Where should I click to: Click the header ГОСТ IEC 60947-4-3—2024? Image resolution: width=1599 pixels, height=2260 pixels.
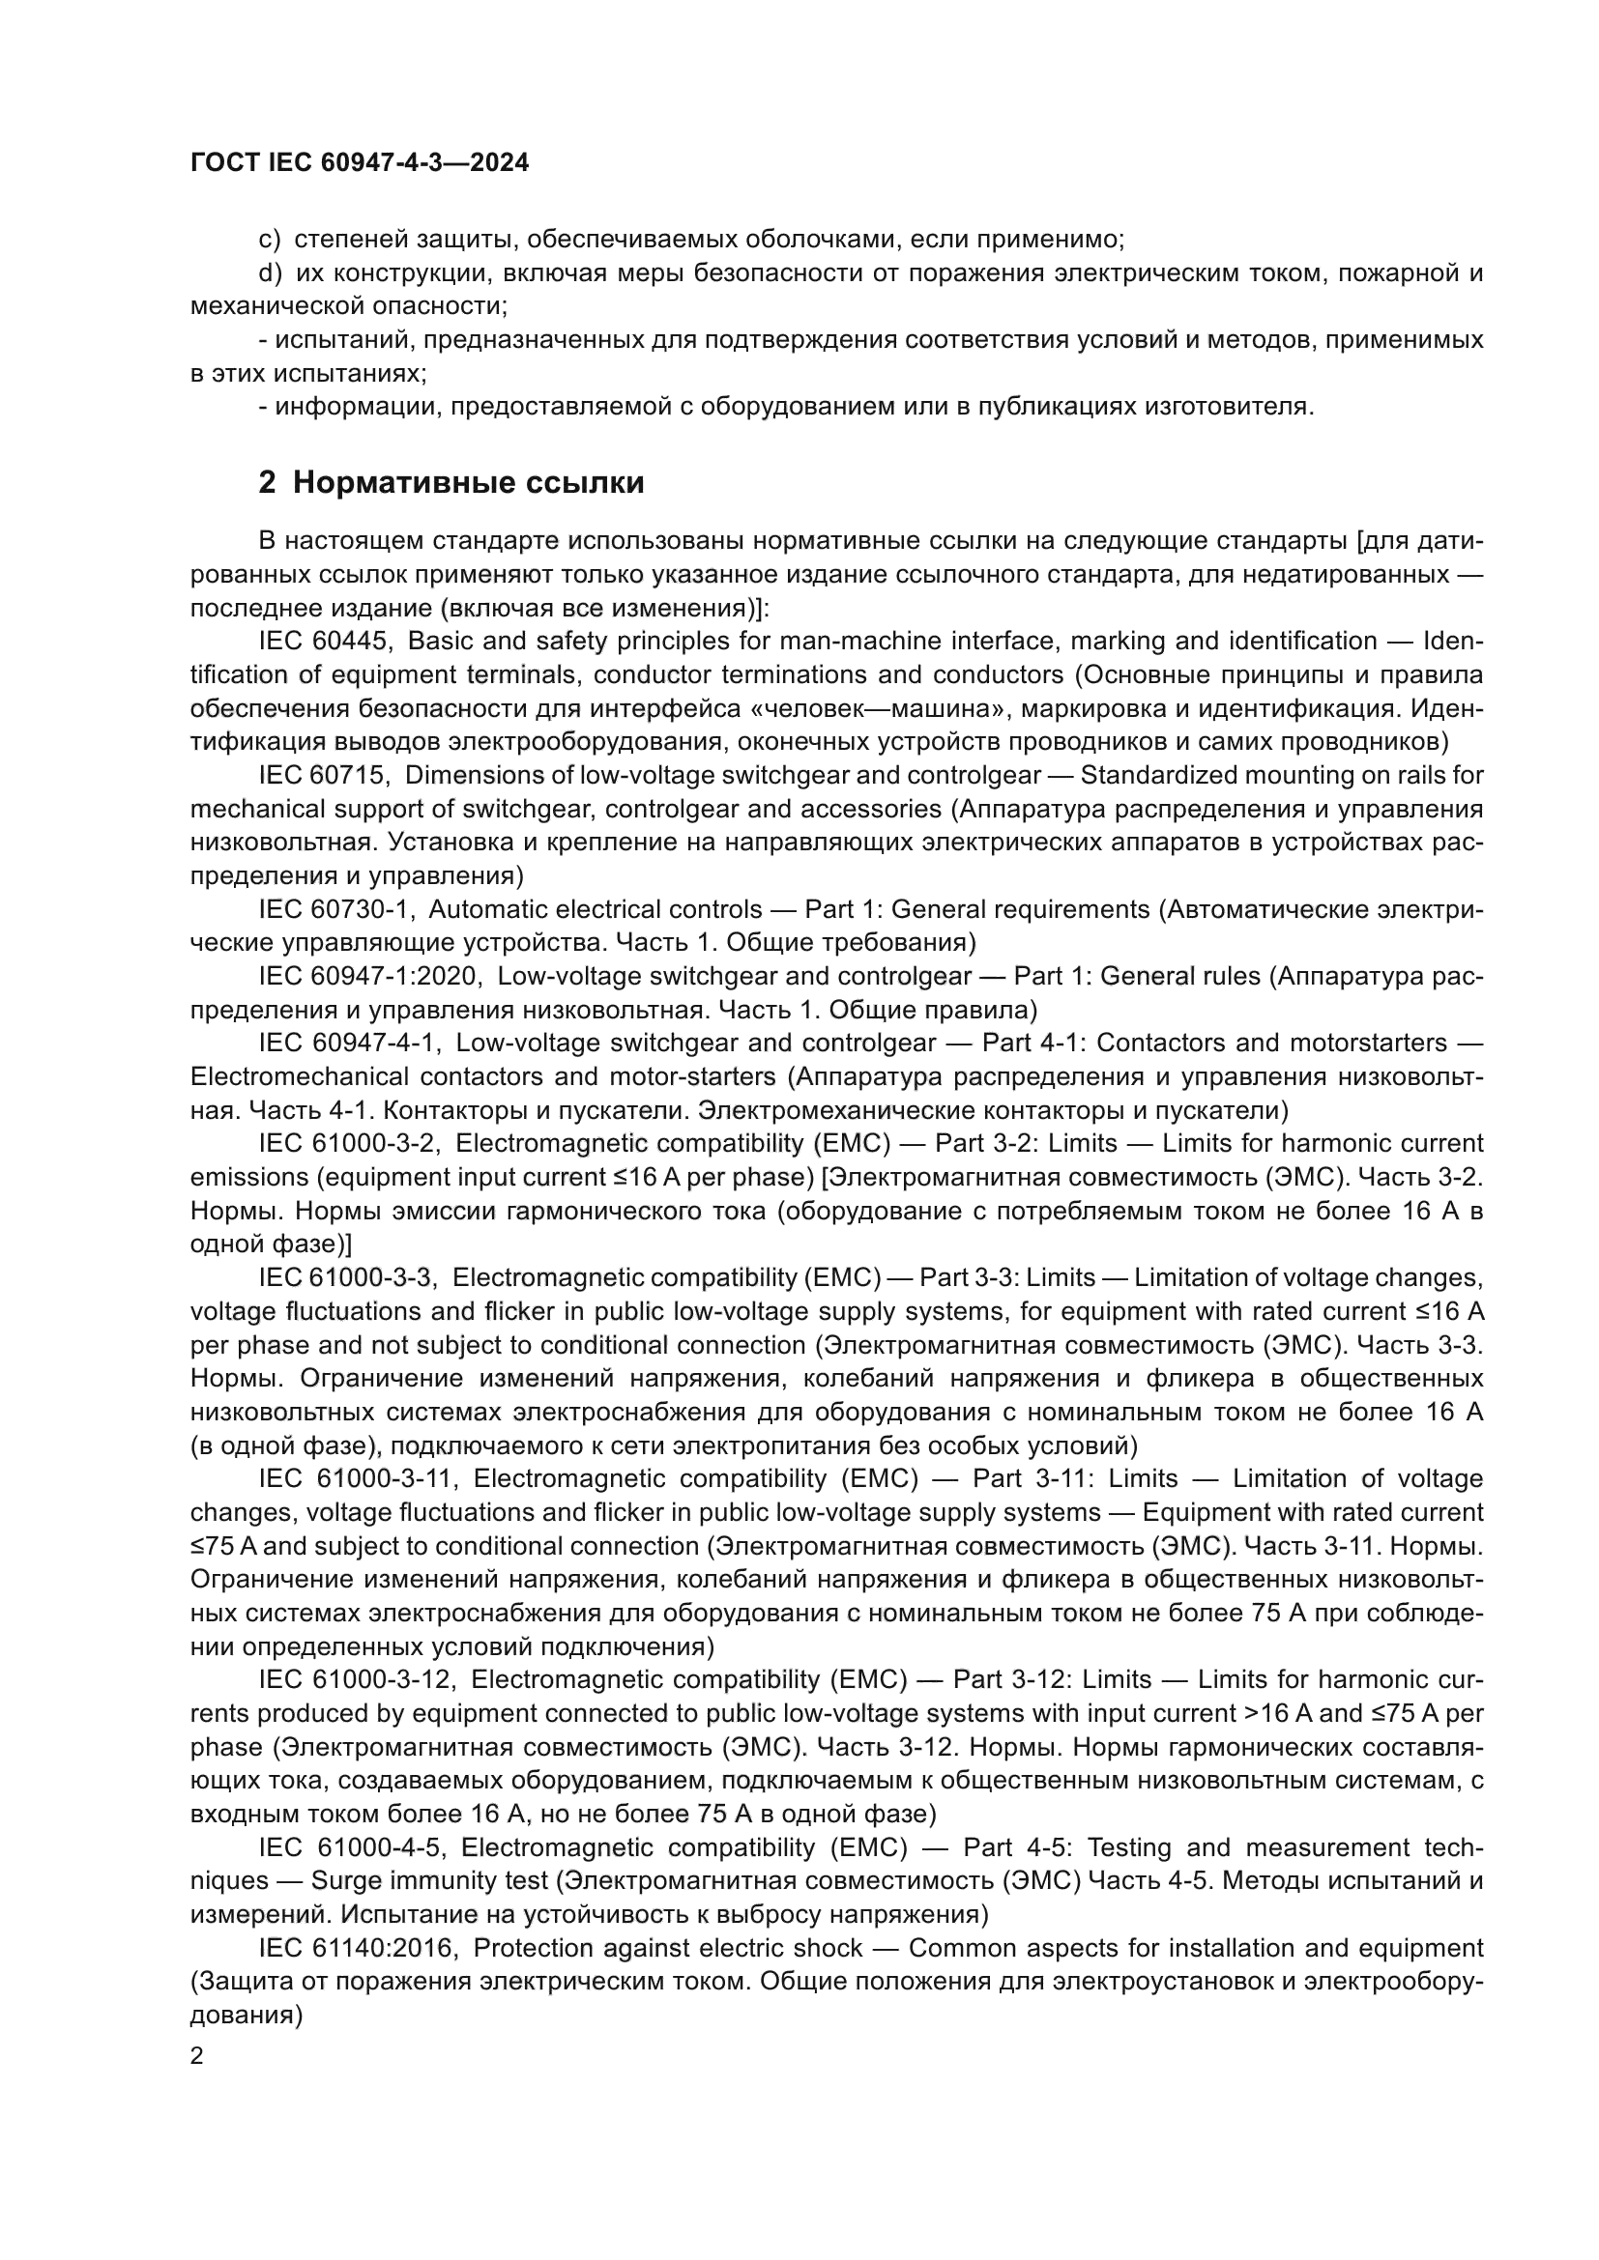tap(360, 162)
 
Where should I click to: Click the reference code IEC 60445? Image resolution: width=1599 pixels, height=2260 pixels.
tap(326, 641)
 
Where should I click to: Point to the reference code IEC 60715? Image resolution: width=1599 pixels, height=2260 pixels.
tap(325, 775)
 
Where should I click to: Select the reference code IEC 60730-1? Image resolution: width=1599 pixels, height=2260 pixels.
tap(335, 908)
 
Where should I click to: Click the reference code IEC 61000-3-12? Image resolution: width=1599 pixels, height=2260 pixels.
tap(359, 1678)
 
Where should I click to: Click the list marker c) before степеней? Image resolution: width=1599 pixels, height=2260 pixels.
tap(269, 240)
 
